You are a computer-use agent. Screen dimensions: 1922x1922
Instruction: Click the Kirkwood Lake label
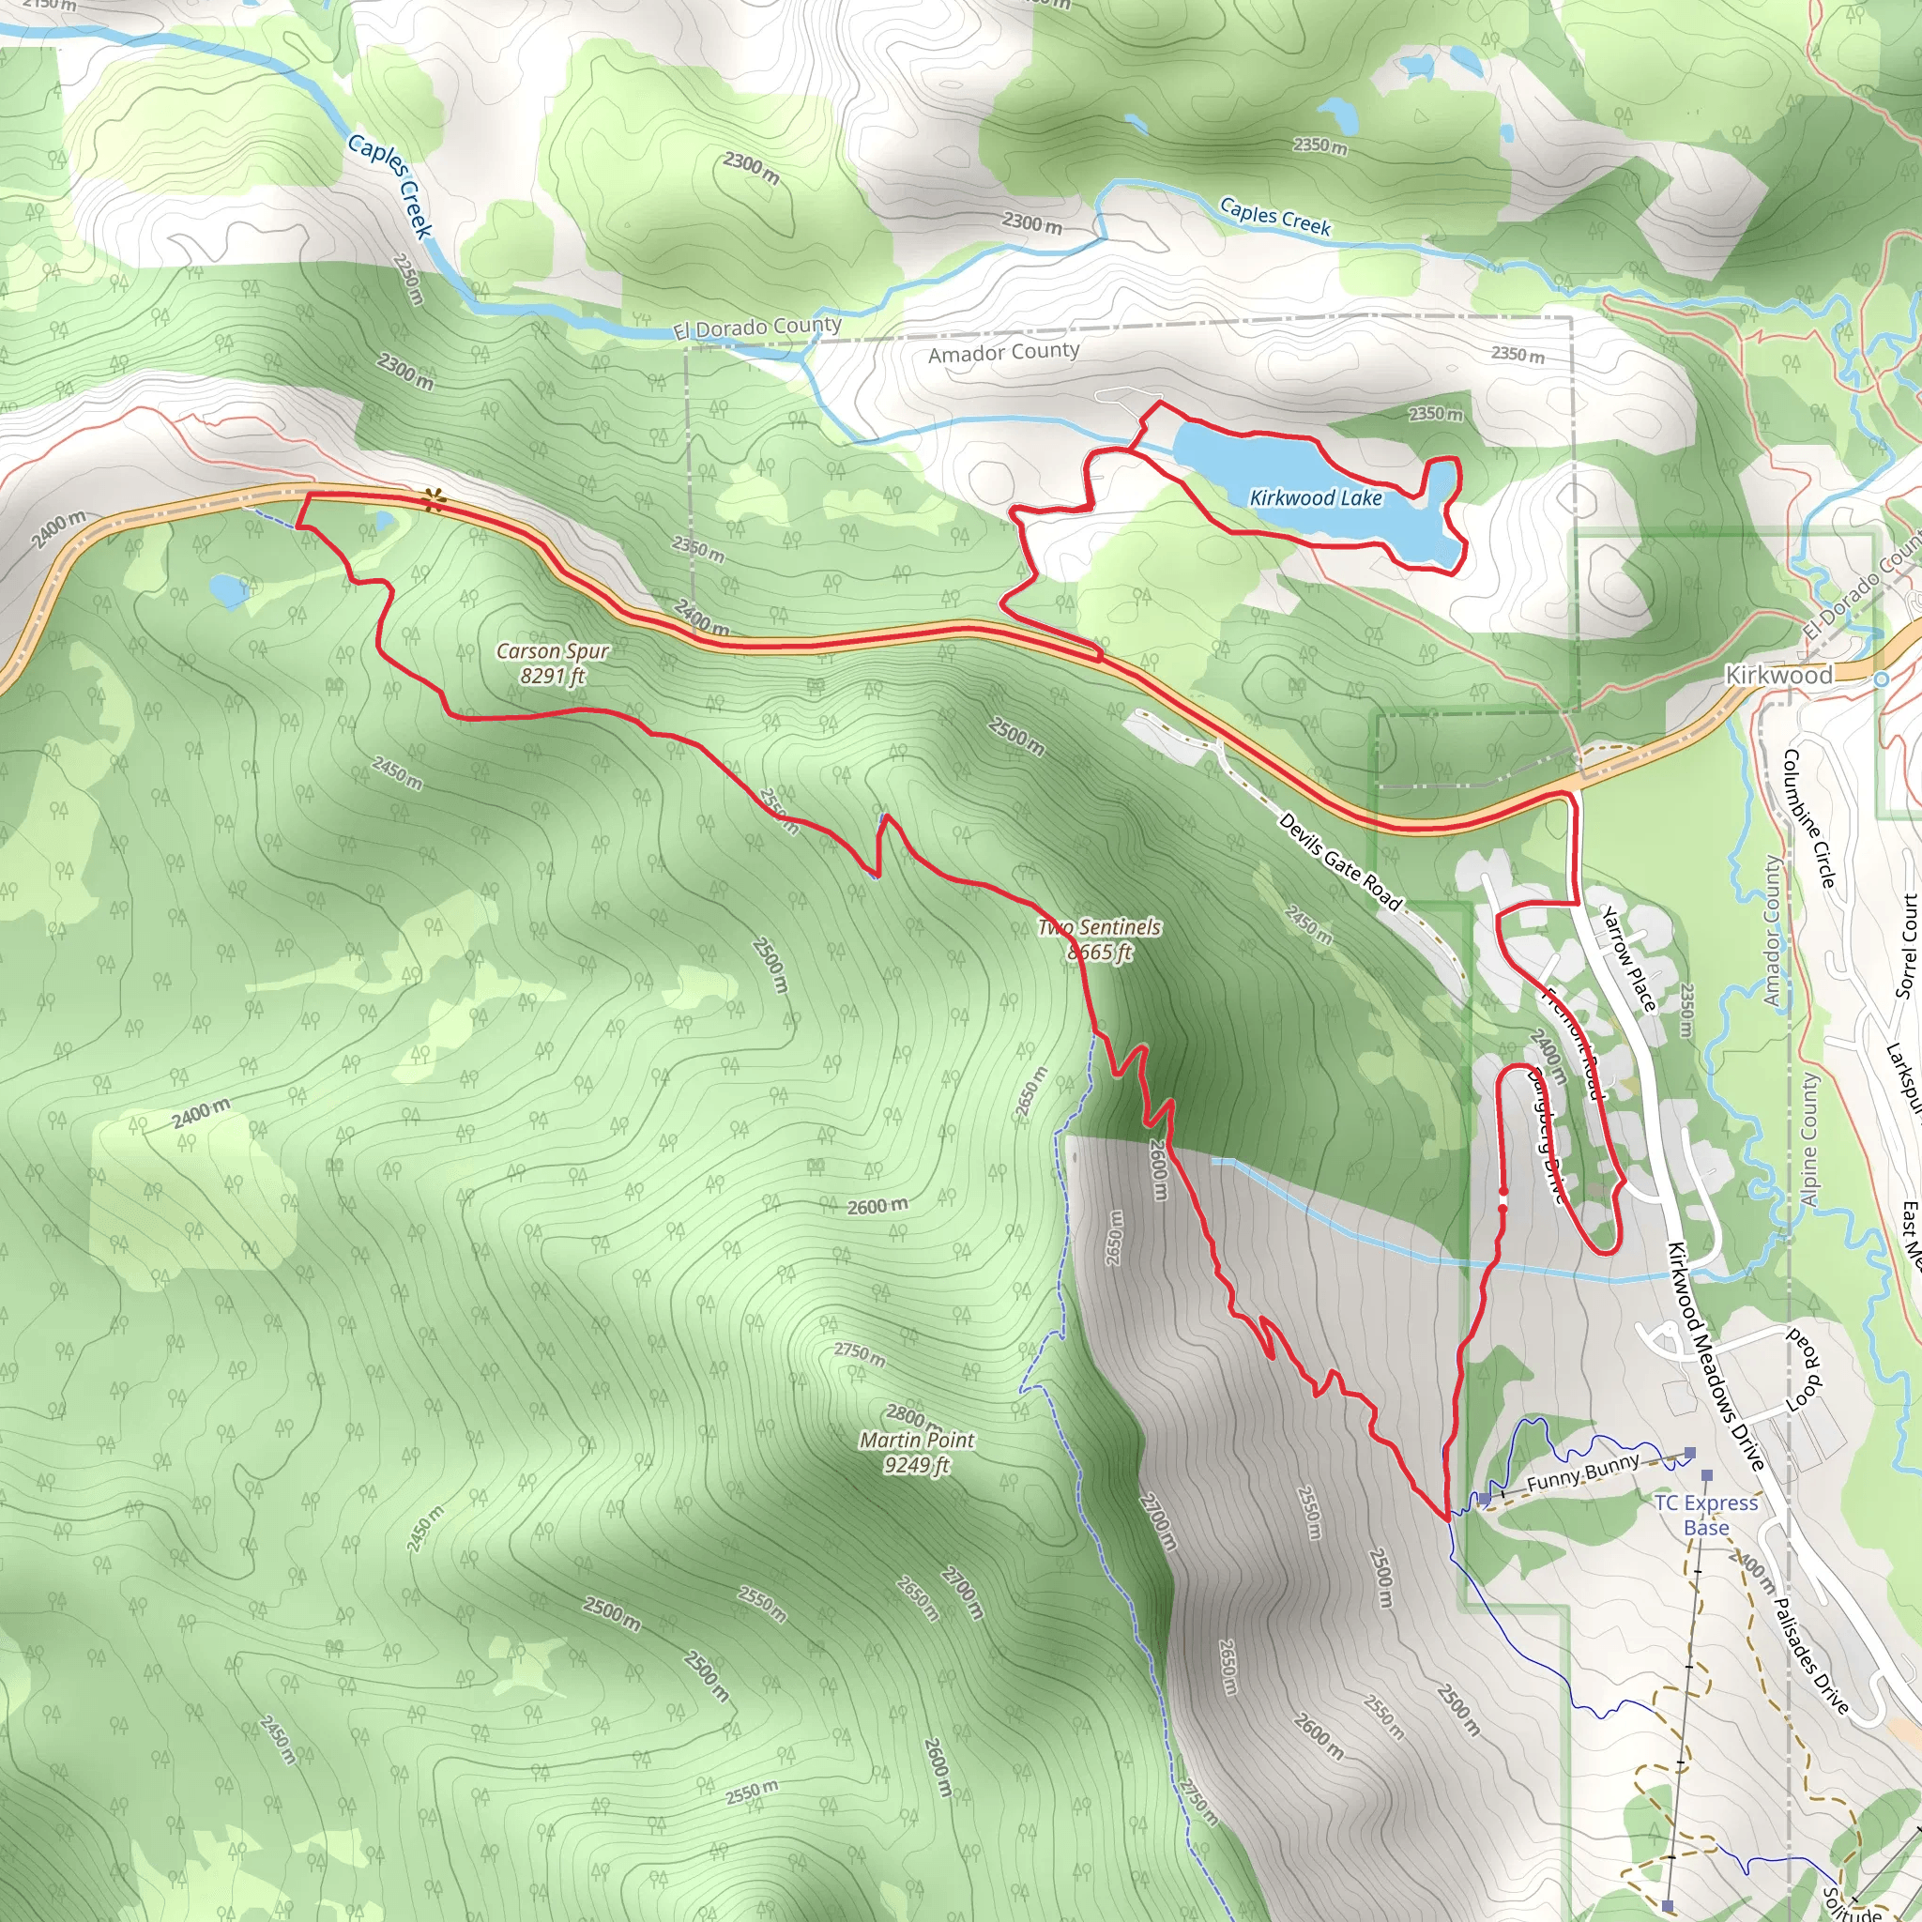tap(1315, 497)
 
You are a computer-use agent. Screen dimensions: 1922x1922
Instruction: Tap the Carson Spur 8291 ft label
tap(552, 664)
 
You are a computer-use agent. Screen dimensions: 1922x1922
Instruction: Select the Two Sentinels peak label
tap(1099, 939)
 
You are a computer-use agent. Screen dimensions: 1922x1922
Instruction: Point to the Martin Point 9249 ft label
tap(916, 1452)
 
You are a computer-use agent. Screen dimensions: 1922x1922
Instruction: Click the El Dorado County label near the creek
tap(757, 328)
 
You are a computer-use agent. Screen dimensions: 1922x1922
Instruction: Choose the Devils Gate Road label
tap(1339, 862)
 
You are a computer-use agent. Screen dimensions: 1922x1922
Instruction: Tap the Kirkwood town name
tap(1777, 676)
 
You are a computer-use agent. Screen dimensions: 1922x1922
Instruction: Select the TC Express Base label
tap(1706, 1514)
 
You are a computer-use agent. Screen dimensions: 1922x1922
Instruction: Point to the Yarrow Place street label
tap(1627, 958)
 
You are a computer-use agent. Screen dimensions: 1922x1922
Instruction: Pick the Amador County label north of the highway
tap(1003, 352)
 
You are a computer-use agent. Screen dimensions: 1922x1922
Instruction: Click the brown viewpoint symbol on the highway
tap(432, 499)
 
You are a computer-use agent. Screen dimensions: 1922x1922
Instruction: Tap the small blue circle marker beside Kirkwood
tap(1880, 679)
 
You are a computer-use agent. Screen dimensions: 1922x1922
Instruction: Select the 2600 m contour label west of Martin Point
tap(877, 1206)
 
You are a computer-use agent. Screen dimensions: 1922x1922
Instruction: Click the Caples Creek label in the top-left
tap(391, 186)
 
